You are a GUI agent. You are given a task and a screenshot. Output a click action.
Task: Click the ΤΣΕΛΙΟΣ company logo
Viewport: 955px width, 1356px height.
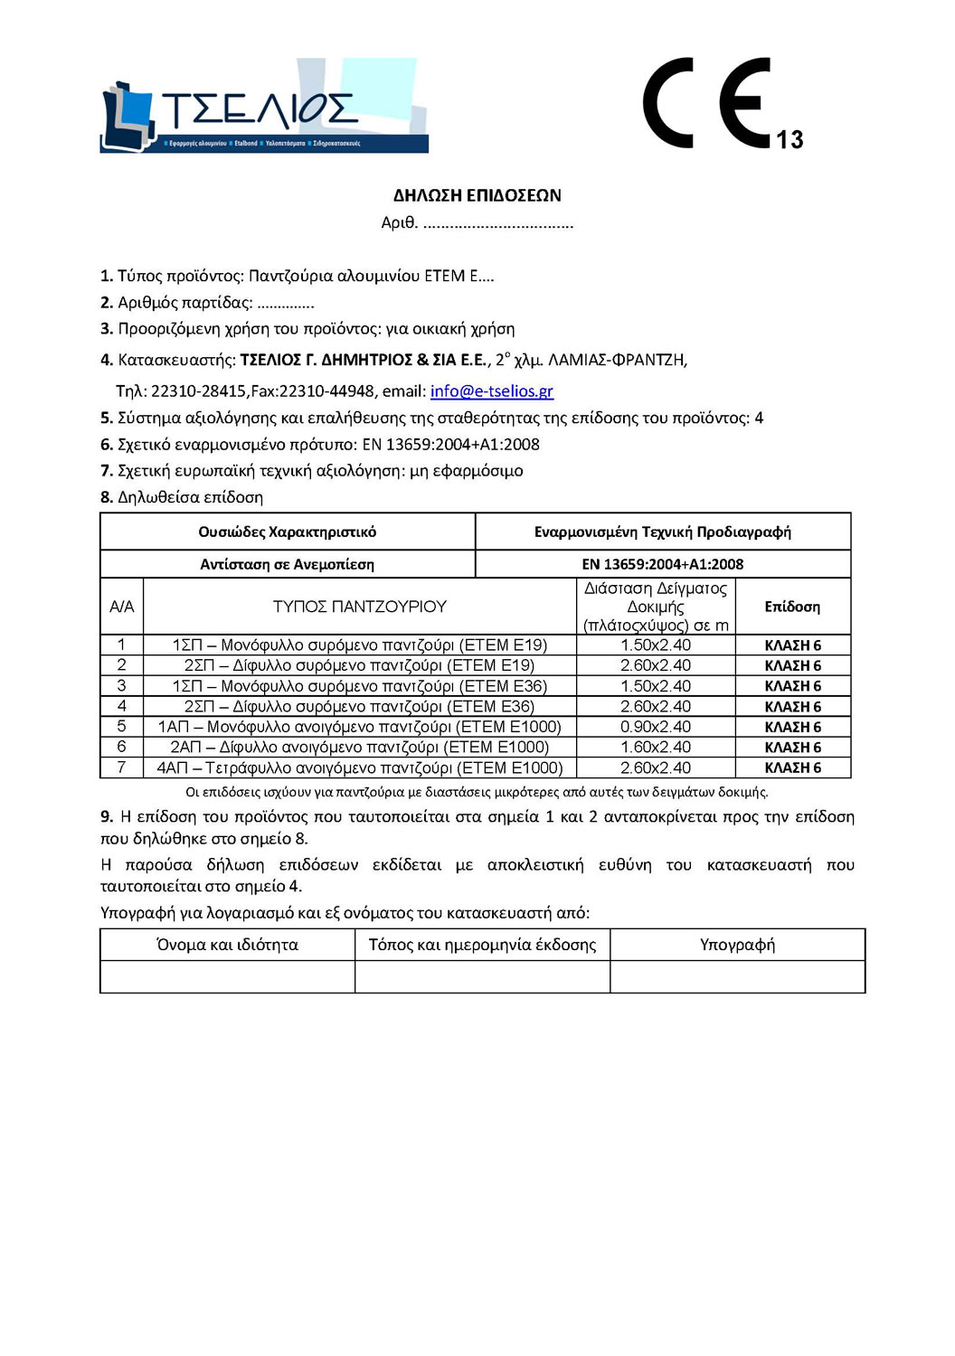click(264, 106)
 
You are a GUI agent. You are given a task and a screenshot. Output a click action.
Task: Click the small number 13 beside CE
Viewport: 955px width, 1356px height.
click(790, 139)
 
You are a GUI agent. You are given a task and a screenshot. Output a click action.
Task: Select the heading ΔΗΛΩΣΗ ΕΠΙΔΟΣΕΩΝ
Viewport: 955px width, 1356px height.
click(477, 195)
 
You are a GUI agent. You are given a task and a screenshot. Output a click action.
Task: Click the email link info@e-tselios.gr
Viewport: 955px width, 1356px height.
click(491, 391)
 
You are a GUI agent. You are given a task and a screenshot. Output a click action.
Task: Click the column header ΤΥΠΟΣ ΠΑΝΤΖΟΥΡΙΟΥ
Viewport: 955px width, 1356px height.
click(359, 607)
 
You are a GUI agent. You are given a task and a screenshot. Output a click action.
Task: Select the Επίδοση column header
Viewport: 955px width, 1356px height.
click(792, 607)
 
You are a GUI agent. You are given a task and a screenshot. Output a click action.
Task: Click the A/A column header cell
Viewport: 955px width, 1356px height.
click(121, 607)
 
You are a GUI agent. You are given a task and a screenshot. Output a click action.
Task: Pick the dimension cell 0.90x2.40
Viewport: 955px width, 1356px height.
click(655, 727)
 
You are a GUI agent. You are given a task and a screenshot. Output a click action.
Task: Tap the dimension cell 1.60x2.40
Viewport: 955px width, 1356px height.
click(655, 748)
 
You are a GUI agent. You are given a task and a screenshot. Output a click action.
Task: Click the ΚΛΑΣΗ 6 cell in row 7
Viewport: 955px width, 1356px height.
click(792, 767)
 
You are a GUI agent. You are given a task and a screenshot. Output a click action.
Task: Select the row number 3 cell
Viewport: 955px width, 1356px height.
click(121, 686)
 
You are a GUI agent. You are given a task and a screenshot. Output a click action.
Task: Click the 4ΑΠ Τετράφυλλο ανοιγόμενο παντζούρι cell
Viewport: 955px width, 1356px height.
click(359, 767)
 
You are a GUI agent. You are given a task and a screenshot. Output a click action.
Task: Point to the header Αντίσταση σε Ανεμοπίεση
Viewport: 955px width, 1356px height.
click(287, 564)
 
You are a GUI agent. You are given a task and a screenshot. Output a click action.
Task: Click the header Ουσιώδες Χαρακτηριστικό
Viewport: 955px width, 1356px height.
click(287, 532)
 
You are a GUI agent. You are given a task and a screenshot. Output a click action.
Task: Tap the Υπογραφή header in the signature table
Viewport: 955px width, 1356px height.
click(737, 945)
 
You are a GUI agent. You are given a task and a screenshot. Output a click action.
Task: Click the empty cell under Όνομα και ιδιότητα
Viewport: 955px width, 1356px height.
click(227, 976)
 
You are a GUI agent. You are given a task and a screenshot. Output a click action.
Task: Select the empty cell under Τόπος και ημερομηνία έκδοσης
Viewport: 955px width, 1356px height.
click(482, 976)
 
